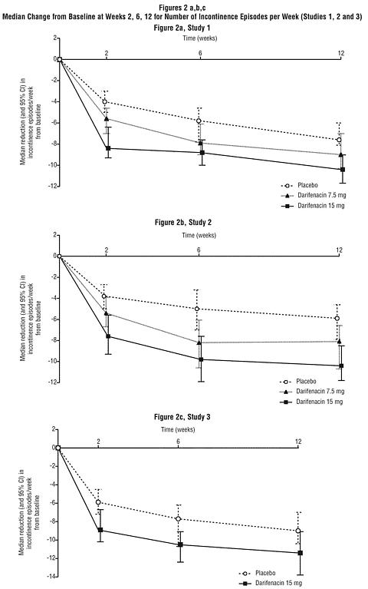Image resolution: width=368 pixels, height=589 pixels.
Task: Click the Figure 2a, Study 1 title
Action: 182,28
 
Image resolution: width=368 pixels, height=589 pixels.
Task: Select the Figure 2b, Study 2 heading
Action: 183,223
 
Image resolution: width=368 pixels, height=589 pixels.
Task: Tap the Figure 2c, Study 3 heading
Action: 182,417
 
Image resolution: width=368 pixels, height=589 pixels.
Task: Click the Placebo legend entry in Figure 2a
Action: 307,185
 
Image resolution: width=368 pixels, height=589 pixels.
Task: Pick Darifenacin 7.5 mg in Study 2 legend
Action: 320,392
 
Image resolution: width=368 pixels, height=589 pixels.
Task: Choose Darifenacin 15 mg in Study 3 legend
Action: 279,583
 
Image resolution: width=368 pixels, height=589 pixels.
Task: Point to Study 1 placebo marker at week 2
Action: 105,102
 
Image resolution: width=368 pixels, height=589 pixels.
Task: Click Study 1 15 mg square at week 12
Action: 343,170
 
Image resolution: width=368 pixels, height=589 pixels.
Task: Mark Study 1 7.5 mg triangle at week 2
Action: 107,119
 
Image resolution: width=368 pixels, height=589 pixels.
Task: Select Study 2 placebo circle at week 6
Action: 197,309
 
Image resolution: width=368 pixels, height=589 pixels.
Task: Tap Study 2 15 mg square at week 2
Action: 108,336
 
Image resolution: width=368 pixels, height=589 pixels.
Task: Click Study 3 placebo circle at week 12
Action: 298,531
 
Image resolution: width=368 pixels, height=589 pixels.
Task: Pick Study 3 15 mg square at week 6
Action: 180,544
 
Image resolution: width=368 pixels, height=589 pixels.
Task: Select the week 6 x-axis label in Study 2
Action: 199,250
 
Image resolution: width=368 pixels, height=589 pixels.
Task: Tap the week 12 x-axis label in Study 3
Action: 298,442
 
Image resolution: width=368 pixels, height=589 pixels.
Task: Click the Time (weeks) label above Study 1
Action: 200,38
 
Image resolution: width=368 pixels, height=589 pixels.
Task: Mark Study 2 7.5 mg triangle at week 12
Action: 340,342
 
